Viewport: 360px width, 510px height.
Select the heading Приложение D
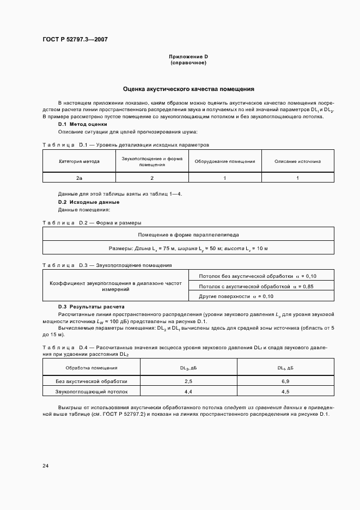click(x=188, y=57)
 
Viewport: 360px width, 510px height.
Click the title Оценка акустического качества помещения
click(x=188, y=88)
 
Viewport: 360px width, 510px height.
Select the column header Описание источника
click(x=297, y=161)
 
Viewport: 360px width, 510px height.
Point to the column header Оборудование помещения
click(x=224, y=161)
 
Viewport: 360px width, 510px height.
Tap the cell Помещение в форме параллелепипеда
click(x=188, y=234)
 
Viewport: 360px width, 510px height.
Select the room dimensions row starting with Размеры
click(x=188, y=248)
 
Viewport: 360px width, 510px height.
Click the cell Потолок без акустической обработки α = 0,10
click(x=258, y=276)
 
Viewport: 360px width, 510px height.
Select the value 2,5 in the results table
click(x=188, y=381)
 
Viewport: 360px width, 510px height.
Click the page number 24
click(x=45, y=466)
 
